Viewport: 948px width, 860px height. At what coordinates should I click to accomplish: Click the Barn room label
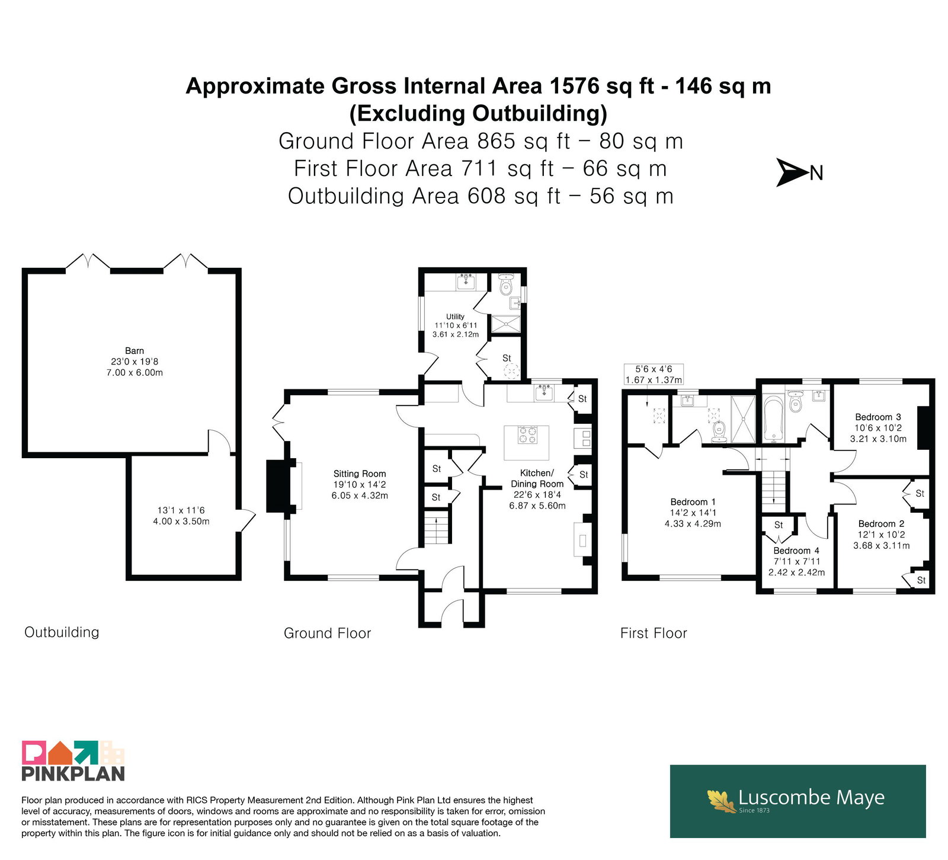click(x=134, y=350)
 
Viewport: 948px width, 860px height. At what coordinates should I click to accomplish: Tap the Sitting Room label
click(x=360, y=474)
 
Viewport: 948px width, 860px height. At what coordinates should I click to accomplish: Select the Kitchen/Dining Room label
click(x=537, y=478)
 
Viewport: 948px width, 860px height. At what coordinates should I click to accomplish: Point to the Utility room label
click(x=455, y=316)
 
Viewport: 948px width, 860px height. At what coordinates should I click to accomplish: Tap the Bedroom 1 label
click(x=693, y=502)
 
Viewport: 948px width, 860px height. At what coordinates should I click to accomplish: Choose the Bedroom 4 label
click(x=796, y=551)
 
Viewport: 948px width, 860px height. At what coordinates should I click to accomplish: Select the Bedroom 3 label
click(x=878, y=417)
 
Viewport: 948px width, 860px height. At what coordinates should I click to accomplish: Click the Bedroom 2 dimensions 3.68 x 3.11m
click(x=882, y=545)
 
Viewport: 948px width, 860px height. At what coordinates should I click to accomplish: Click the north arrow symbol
click(x=793, y=172)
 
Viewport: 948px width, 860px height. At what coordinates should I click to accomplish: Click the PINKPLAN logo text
click(x=73, y=773)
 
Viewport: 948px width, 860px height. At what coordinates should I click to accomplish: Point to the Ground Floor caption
click(x=327, y=633)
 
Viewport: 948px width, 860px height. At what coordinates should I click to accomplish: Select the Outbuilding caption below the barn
click(x=62, y=632)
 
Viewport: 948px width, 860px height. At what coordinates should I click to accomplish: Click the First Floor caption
click(x=654, y=633)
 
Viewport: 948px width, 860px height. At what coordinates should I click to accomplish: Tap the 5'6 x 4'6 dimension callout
click(x=654, y=369)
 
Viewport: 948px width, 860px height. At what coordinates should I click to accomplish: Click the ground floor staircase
click(x=437, y=527)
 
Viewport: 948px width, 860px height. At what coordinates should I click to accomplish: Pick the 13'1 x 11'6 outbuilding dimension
click(x=181, y=510)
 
